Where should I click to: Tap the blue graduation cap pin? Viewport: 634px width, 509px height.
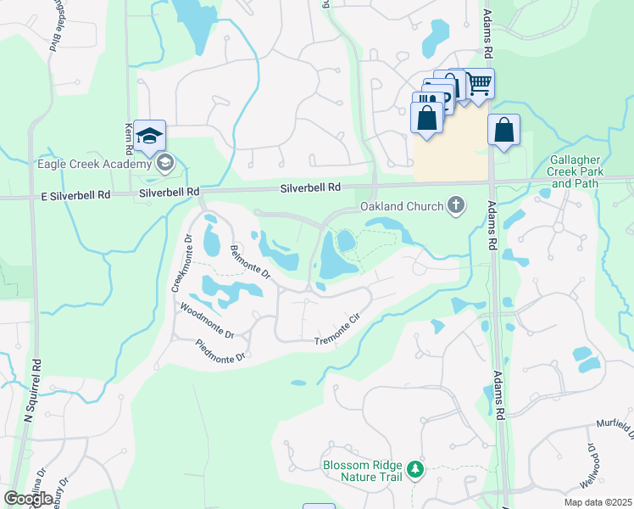click(x=149, y=136)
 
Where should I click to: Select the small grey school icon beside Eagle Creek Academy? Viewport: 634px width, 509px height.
click(x=165, y=162)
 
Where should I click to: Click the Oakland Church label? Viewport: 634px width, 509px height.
click(x=402, y=206)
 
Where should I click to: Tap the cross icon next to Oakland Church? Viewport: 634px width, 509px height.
click(x=456, y=204)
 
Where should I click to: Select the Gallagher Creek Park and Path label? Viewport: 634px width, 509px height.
click(x=575, y=171)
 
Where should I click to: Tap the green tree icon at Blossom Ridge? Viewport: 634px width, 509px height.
click(x=414, y=468)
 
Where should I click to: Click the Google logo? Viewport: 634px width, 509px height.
click(x=29, y=499)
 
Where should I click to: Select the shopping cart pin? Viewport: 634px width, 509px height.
click(x=479, y=83)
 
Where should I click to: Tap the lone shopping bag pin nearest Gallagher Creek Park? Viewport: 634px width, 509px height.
click(x=503, y=131)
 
